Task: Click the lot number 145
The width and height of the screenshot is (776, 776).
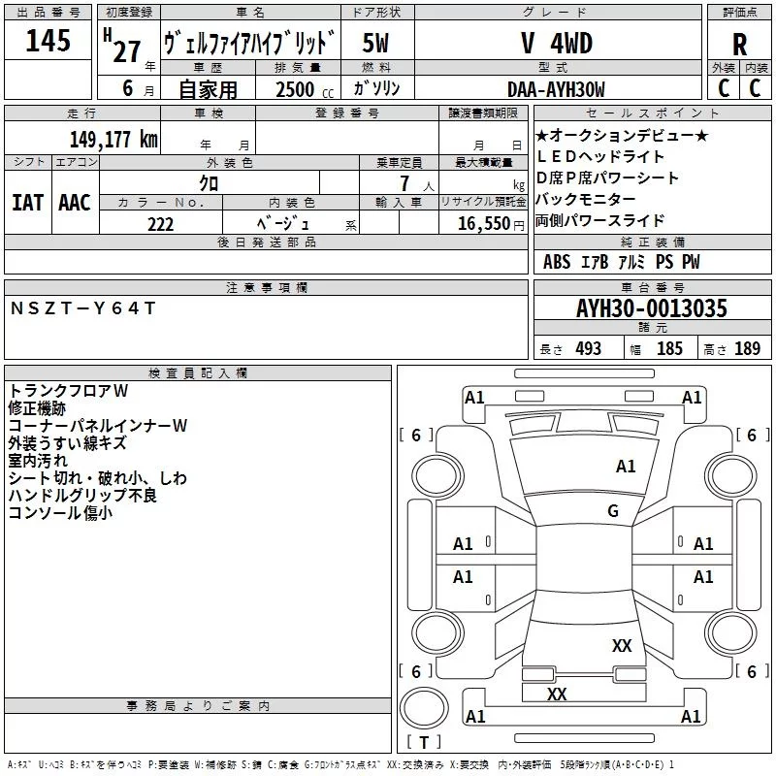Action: (48, 42)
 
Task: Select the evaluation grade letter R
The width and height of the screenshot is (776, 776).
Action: (740, 45)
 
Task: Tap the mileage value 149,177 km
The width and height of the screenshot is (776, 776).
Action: (113, 139)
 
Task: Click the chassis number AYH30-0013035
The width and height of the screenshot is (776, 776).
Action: (652, 308)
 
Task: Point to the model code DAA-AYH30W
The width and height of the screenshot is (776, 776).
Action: (556, 89)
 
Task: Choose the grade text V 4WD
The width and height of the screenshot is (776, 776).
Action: (556, 44)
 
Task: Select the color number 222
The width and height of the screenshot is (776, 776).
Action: (161, 224)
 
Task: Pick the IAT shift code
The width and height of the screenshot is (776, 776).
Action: (27, 202)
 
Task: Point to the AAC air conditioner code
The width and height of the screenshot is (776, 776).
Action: (74, 202)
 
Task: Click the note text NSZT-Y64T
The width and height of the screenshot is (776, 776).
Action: (82, 307)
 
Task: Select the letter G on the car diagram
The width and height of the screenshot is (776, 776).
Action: (613, 510)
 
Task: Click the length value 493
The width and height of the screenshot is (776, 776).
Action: (585, 349)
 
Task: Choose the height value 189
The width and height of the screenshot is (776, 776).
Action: (748, 349)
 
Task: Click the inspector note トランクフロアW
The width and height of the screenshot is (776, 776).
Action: (68, 391)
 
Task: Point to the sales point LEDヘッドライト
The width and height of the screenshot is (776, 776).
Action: (600, 156)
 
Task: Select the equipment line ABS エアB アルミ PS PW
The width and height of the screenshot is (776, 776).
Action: (621, 262)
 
